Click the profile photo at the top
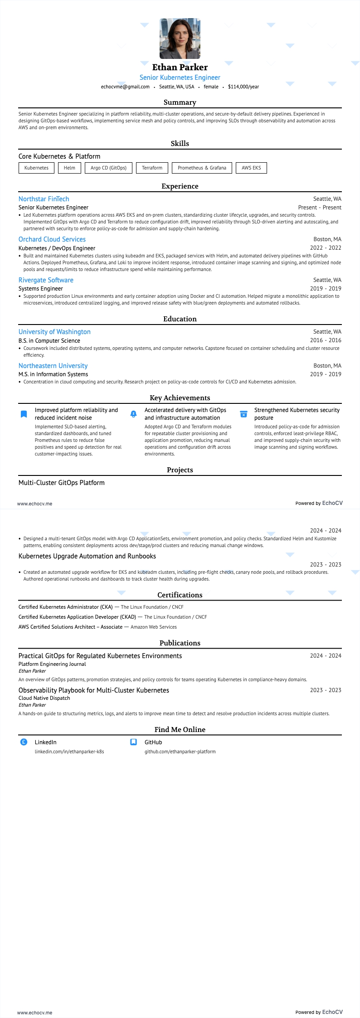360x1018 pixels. click(x=180, y=39)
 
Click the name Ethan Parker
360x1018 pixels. click(x=180, y=67)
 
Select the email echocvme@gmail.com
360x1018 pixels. click(x=125, y=87)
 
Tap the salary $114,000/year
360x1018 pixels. click(x=243, y=87)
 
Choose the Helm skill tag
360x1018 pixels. click(x=69, y=168)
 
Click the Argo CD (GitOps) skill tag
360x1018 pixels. click(x=108, y=168)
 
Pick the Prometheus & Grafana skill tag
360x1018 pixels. click(x=202, y=168)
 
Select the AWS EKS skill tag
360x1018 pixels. click(x=251, y=168)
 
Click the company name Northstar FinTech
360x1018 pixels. click(x=44, y=199)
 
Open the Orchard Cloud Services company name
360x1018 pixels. click(x=52, y=239)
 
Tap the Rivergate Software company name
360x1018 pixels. click(x=46, y=280)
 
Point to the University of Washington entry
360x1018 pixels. click(x=54, y=332)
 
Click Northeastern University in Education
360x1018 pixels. click(x=53, y=366)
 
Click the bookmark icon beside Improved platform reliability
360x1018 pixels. click(x=24, y=414)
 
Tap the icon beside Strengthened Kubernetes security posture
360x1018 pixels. click(x=243, y=414)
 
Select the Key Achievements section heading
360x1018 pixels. click(x=180, y=398)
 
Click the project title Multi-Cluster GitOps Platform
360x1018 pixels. click(x=62, y=483)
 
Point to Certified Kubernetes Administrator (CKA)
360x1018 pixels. click(x=66, y=607)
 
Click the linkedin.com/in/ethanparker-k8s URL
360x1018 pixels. click(x=69, y=751)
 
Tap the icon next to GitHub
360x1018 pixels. click(x=134, y=742)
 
